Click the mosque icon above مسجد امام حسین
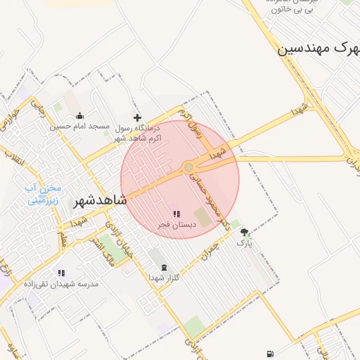79,116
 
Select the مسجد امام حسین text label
79,127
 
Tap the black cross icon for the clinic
137,117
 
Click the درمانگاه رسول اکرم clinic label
137,133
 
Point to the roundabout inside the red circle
188,167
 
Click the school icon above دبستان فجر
176,213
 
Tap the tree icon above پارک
244,232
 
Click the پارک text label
244,243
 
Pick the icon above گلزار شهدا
165,267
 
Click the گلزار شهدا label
164,278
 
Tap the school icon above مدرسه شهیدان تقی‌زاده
61,273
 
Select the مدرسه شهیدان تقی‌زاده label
61,284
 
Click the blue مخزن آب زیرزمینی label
44,193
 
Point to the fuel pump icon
270,354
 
